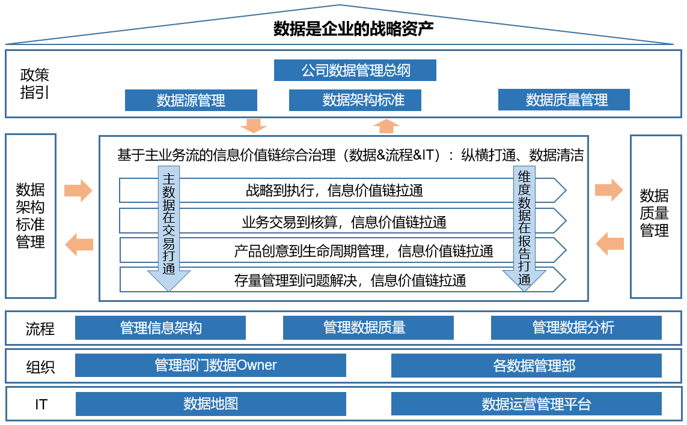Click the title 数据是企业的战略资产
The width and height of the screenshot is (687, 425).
(353, 29)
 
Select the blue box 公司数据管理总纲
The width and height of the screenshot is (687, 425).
(355, 70)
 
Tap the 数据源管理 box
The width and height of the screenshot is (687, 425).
(191, 100)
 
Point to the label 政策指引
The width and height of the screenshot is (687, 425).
(35, 83)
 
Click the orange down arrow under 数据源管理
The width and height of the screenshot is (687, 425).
(253, 125)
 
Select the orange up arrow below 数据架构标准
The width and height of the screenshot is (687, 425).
(386, 125)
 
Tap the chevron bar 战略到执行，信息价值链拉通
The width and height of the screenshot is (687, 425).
(334, 191)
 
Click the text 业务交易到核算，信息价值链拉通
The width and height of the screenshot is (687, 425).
(344, 223)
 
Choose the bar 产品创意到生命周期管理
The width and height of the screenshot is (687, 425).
(364, 251)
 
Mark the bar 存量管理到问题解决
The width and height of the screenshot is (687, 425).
(350, 280)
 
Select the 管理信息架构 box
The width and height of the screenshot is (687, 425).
(160, 328)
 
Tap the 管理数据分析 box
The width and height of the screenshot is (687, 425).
(576, 328)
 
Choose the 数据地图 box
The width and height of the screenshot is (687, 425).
(210, 404)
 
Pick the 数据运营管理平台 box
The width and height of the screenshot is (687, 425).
(526, 404)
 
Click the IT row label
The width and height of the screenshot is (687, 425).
(41, 405)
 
